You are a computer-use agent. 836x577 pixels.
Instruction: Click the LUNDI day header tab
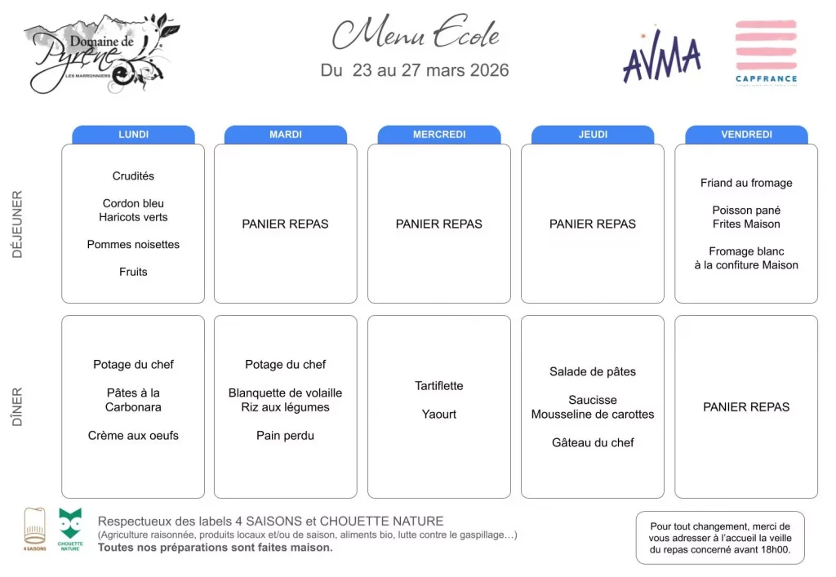point(133,135)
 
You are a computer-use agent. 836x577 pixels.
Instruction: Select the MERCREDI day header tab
point(439,135)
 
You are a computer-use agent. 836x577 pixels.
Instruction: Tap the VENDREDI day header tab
point(746,135)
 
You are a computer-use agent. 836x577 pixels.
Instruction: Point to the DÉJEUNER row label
point(18,224)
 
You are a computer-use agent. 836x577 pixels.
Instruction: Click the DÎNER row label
point(18,407)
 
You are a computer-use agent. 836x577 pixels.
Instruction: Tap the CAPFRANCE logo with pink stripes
point(766,51)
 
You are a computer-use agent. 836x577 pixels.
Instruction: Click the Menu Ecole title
point(416,34)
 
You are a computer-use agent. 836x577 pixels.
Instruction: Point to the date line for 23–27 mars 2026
point(415,70)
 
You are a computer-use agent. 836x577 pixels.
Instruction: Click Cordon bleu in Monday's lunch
point(133,203)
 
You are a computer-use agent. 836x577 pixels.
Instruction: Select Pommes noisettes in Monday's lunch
point(133,244)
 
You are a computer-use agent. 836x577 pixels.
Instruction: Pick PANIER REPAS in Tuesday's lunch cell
point(285,224)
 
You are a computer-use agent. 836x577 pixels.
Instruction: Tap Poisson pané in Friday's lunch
point(746,210)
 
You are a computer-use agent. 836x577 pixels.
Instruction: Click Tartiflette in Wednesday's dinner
point(439,385)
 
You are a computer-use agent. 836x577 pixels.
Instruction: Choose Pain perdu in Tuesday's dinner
point(285,435)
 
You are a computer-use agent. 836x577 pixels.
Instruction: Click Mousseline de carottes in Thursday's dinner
point(593,414)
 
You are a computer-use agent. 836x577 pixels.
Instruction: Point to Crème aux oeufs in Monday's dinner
point(133,435)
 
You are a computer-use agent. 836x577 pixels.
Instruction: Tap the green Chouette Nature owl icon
point(70,526)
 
